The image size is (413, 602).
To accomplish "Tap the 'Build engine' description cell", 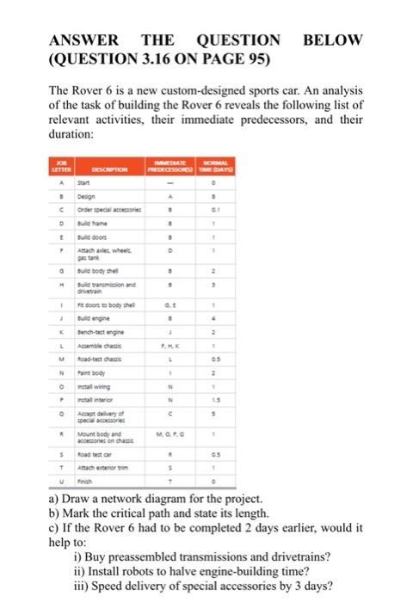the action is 98,318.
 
